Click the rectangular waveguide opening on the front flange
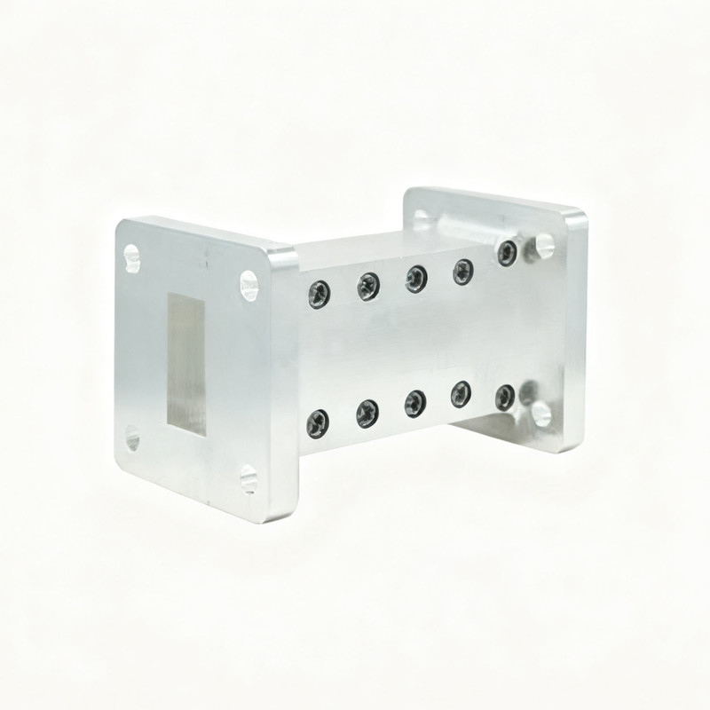coord(186,366)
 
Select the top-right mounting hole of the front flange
coord(248,286)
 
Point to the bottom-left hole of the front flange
coord(132,437)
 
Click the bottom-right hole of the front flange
coord(248,479)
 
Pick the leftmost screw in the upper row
coord(319,294)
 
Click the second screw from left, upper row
coord(368,286)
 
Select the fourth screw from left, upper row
coord(463,271)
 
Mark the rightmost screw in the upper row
coord(508,253)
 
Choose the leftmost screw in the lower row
coord(319,423)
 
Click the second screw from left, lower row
coord(367,414)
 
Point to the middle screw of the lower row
coord(415,404)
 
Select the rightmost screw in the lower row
coord(506,397)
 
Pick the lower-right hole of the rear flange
coord(540,413)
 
